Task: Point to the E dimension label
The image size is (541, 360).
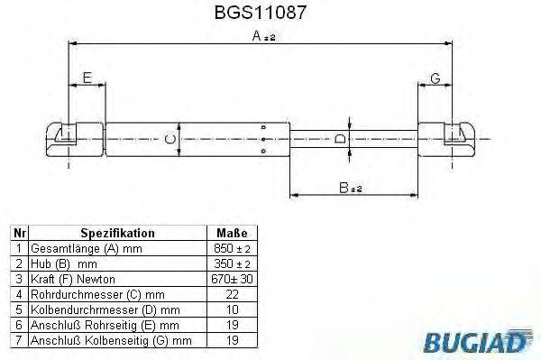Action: click(x=87, y=78)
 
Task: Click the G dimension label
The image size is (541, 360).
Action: click(x=435, y=78)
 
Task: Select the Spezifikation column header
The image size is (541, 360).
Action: click(x=118, y=233)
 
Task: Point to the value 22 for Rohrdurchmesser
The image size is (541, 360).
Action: click(x=231, y=293)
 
